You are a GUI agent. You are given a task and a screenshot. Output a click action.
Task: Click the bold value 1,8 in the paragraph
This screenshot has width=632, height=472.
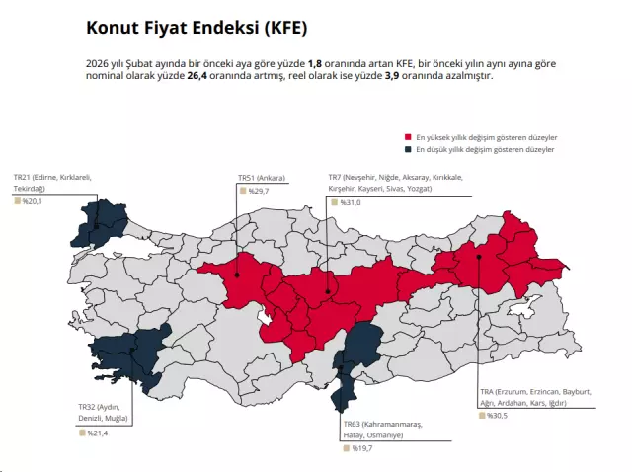click(315, 62)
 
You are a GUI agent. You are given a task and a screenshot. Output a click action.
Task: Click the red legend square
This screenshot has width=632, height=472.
click(408, 137)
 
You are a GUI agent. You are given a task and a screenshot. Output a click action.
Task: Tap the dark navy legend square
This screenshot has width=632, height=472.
click(408, 149)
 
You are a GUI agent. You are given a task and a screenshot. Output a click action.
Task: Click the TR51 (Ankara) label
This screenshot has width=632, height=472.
click(262, 178)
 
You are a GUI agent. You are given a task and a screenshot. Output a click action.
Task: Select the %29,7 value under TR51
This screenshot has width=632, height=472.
click(259, 190)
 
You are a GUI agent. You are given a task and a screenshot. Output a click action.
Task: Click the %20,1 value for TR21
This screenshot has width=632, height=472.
click(35, 200)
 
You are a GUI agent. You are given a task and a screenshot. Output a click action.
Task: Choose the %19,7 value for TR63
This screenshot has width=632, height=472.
click(362, 447)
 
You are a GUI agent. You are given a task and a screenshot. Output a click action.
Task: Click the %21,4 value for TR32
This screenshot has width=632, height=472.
click(98, 433)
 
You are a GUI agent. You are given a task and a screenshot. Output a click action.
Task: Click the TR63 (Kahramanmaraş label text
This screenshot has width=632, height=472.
click(381, 423)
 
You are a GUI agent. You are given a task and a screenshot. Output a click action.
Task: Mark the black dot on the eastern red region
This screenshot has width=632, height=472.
click(479, 256)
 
